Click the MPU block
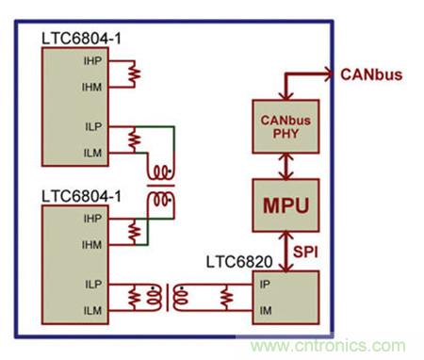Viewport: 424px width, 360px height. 285,205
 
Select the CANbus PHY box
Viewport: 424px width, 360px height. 285,126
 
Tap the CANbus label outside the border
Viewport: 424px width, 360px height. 371,74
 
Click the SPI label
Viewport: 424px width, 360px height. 305,252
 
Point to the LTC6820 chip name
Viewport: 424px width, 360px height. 239,262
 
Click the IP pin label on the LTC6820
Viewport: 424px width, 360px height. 265,285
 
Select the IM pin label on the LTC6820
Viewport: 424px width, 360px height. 266,311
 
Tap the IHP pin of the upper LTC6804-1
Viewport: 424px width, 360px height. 92,61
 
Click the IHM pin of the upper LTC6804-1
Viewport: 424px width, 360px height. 92,87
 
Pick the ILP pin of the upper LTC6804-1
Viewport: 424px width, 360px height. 93,126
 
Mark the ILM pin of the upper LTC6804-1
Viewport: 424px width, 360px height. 93,153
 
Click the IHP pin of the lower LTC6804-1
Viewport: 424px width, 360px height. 92,219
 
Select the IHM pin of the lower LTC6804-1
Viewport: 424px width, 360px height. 92,245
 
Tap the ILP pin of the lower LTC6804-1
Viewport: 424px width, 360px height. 93,285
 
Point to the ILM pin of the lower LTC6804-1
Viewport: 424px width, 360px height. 93,311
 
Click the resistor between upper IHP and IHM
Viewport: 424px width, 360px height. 135,74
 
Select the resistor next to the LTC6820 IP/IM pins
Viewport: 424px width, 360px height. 226,298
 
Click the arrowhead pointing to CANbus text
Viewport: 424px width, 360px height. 329,74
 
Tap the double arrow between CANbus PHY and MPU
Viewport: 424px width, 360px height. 285,166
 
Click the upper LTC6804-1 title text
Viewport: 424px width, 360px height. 81,39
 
